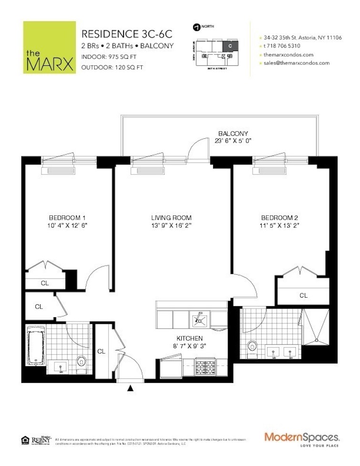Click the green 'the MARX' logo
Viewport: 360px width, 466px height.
49,47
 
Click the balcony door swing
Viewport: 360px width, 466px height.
198,152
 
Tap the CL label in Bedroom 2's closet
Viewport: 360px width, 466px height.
303,296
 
